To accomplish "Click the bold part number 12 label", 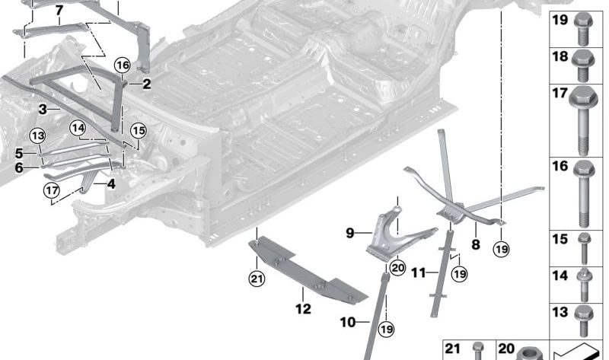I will click(303, 309).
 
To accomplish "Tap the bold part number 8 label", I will click(476, 245).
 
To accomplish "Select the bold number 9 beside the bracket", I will click(350, 234).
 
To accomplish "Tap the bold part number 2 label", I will click(146, 84).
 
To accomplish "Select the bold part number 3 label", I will click(43, 109).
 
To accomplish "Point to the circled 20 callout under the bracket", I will click(398, 267).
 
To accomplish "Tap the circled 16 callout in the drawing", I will click(123, 66).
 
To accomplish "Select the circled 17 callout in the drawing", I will click(52, 190).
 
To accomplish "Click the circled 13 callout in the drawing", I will click(38, 135).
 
